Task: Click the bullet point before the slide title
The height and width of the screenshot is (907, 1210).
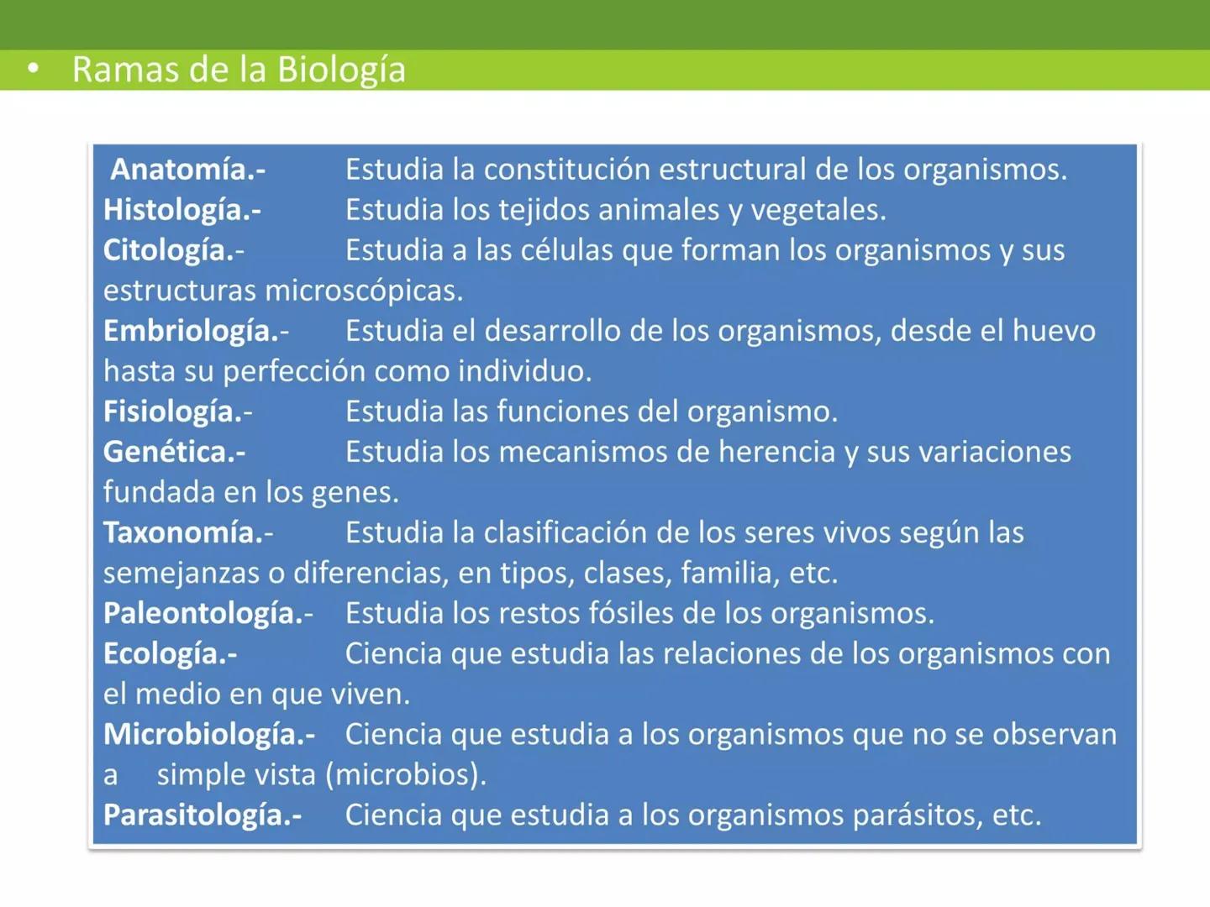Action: coord(33,69)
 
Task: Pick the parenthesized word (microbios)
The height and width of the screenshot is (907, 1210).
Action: coord(405,774)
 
